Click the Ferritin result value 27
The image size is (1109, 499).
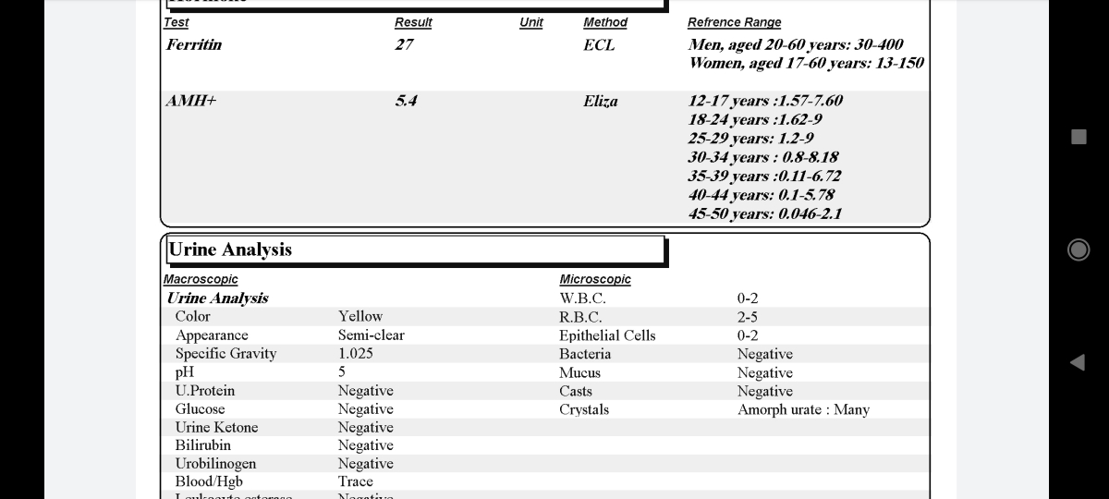pyautogui.click(x=404, y=44)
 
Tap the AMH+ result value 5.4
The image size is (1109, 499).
pyautogui.click(x=406, y=101)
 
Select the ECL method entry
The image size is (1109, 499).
pyautogui.click(x=599, y=44)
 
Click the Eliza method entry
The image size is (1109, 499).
pyautogui.click(x=601, y=101)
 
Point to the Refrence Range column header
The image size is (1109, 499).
pyautogui.click(x=734, y=22)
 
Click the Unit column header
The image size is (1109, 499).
pyautogui.click(x=531, y=22)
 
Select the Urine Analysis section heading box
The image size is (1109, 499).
pyautogui.click(x=415, y=250)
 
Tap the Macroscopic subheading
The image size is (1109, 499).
pyautogui.click(x=201, y=279)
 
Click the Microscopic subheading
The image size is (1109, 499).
pyautogui.click(x=595, y=279)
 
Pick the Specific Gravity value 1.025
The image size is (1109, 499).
pyautogui.click(x=356, y=354)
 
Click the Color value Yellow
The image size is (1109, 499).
pyautogui.click(x=360, y=316)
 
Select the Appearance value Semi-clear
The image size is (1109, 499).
pyautogui.click(x=372, y=335)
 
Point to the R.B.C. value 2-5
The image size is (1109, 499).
pyautogui.click(x=748, y=317)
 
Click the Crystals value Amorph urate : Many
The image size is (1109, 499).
pyautogui.click(x=803, y=409)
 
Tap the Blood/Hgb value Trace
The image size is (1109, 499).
pyautogui.click(x=356, y=481)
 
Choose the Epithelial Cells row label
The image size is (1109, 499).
pyautogui.click(x=607, y=335)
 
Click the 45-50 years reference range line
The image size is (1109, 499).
pyautogui.click(x=765, y=213)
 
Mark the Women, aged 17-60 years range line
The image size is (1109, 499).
pyautogui.click(x=806, y=63)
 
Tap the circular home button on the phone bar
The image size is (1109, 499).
pyautogui.click(x=1078, y=249)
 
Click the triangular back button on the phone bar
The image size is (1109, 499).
pyautogui.click(x=1077, y=361)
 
